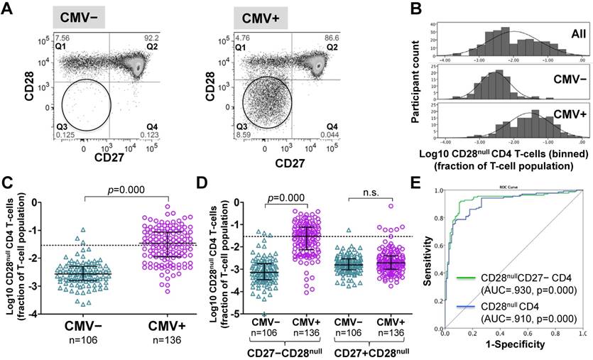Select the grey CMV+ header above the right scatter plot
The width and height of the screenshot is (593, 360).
point(261,17)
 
